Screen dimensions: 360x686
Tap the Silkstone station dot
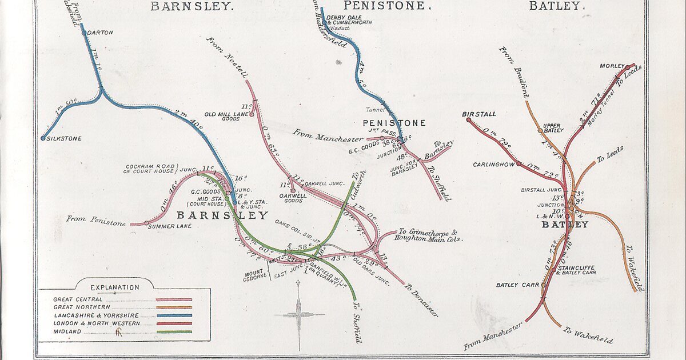coord(43,138)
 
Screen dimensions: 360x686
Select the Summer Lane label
coord(166,226)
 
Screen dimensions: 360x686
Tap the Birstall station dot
coord(469,120)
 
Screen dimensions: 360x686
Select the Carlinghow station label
coord(493,165)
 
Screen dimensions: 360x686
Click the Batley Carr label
coord(515,285)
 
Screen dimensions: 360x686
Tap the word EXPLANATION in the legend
coord(114,287)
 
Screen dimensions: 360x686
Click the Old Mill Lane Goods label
coord(230,117)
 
